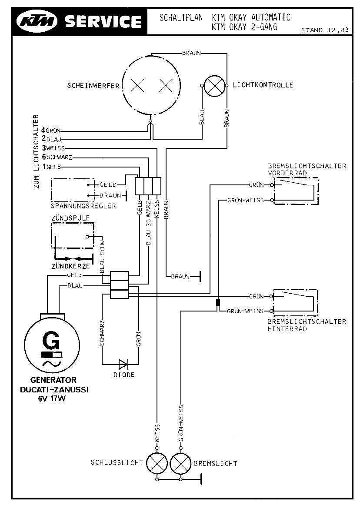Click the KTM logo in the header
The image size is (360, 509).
[x=38, y=21]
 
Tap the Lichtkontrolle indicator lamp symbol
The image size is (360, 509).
[x=214, y=86]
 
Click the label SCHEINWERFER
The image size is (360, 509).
[x=93, y=86]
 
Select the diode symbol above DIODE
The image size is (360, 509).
[x=124, y=364]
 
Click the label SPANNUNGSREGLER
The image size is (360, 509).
[x=83, y=206]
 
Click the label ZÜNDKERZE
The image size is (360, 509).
[x=71, y=266]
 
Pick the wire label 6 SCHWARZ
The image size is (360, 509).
[x=57, y=157]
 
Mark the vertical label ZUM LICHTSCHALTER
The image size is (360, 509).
[x=36, y=151]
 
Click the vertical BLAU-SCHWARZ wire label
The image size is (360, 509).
[x=148, y=223]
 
